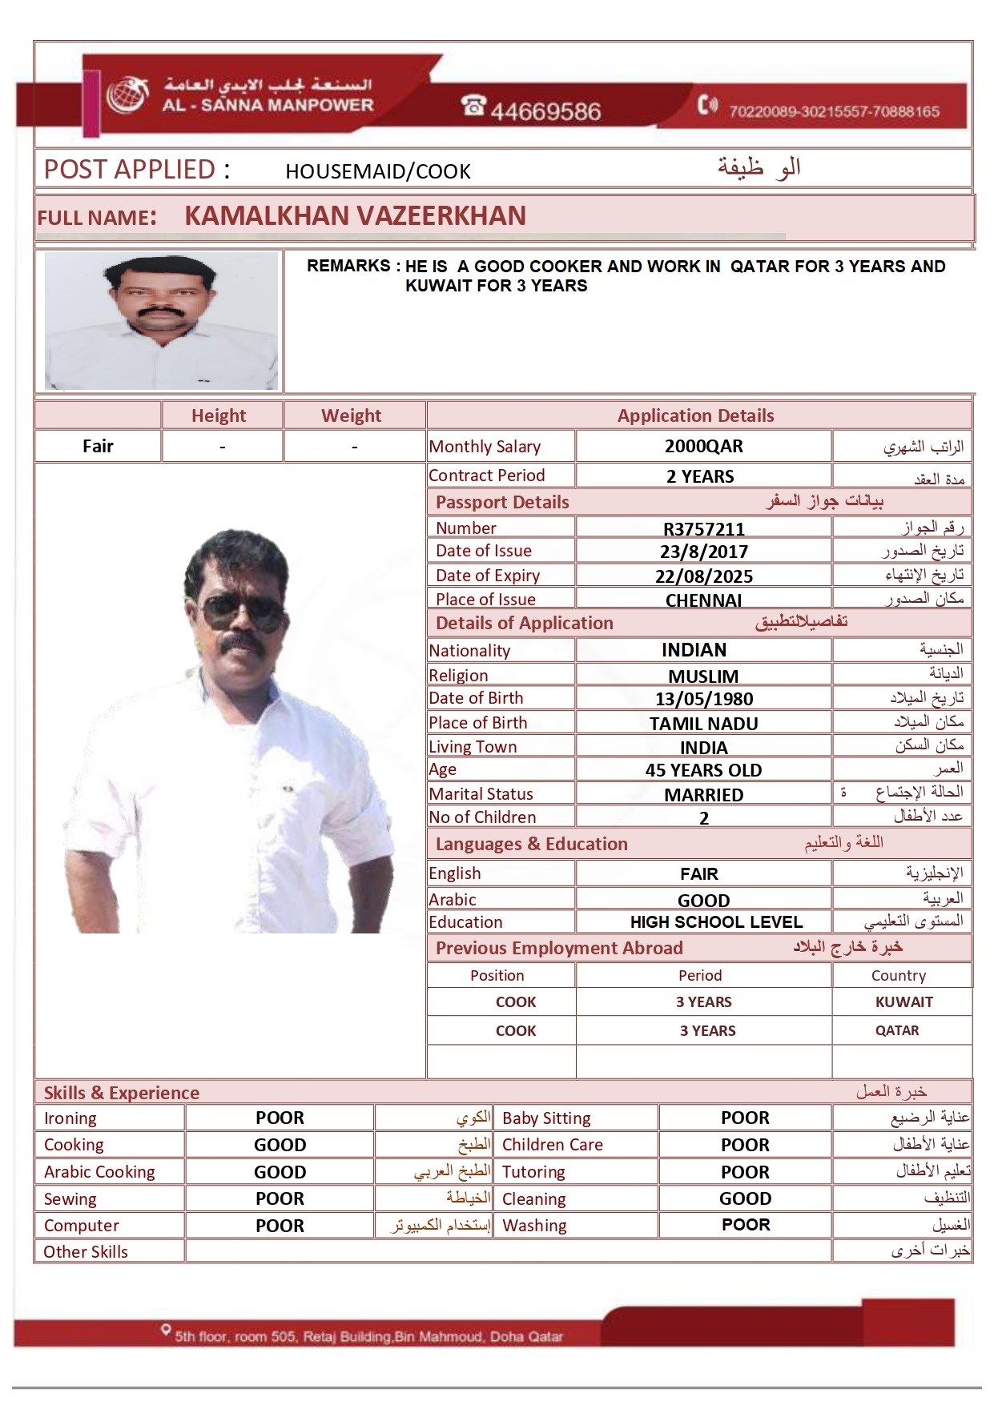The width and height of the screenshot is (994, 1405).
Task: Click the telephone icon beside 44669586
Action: point(473,105)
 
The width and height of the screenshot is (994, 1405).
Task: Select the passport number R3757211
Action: point(703,528)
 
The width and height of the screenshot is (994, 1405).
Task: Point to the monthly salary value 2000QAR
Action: point(703,446)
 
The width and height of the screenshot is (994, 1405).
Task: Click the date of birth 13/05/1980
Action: point(703,699)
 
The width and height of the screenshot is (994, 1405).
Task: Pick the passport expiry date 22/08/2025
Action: point(703,576)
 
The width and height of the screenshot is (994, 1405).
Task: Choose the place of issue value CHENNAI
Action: point(703,600)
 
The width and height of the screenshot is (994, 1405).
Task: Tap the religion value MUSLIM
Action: point(703,676)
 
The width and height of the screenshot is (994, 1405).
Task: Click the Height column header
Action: point(219,415)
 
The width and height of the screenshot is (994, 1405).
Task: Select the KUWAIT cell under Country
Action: point(903,1002)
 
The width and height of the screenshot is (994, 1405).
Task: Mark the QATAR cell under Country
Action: point(897,1031)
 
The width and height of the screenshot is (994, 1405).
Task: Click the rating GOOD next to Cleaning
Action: point(745,1198)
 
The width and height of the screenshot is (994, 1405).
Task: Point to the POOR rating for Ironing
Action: point(280,1118)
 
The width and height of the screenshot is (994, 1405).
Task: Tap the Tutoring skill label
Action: point(533,1172)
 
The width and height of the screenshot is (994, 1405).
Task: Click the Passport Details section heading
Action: point(502,502)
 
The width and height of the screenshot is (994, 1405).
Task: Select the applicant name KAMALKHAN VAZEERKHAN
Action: point(355,216)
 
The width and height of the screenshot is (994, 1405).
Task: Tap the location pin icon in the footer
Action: point(166,1330)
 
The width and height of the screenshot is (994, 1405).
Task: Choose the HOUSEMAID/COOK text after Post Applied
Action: point(378,171)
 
